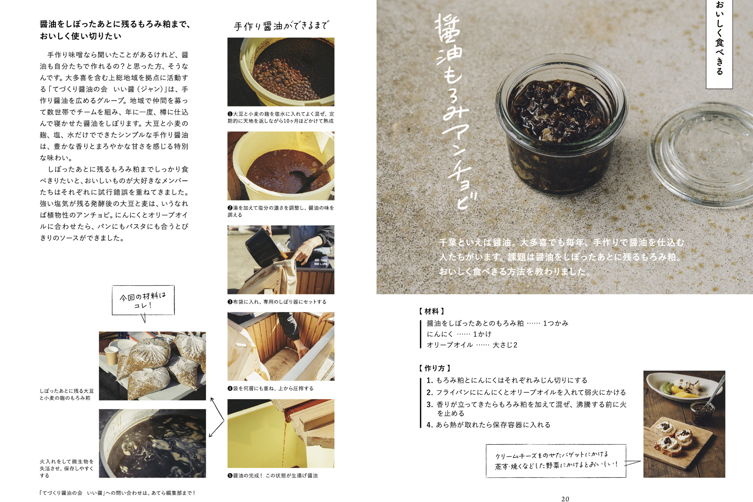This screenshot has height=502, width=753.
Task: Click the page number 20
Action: [x=565, y=499]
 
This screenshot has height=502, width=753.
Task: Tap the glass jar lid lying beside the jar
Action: [x=701, y=155]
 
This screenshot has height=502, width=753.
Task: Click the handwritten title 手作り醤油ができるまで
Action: [x=281, y=26]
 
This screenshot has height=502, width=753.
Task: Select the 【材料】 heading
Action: [x=432, y=311]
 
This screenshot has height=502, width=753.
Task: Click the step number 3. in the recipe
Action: [x=430, y=405]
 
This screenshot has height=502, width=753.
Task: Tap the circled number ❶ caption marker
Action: [x=230, y=114]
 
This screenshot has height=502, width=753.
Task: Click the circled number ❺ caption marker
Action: [x=230, y=476]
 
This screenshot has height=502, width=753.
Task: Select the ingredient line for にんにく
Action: [x=459, y=334]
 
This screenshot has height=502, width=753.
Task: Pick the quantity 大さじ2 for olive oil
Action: [x=505, y=345]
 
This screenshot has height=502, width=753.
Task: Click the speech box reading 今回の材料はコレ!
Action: [x=143, y=301]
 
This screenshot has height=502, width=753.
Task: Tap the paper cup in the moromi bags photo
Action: [x=111, y=356]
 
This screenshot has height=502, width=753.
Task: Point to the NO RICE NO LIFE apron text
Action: [x=321, y=262]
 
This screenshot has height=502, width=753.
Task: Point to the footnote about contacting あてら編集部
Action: [x=117, y=493]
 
